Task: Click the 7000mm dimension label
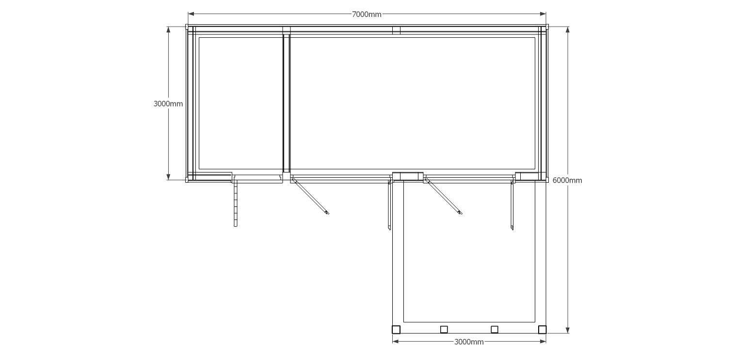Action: (367, 14)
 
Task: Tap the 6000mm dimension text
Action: (567, 180)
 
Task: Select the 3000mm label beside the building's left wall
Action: (168, 104)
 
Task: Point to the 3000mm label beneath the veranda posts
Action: (469, 342)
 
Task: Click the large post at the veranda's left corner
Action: (396, 329)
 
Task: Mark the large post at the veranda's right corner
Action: (543, 329)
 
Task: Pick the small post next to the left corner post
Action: (444, 329)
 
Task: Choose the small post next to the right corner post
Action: (495, 329)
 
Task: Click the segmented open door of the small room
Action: (235, 203)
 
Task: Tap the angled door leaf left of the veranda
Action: (310, 196)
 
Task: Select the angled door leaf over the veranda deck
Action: (444, 196)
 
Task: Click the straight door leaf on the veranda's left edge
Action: (390, 205)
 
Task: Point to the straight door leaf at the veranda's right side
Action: (512, 205)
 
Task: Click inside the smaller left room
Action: (241, 103)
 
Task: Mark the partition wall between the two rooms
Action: (287, 103)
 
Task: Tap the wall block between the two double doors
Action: (408, 176)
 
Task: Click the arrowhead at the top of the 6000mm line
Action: (567, 30)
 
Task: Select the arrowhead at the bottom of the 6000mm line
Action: (567, 330)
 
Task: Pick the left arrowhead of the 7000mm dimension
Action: (191, 14)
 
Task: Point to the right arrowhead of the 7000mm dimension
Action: (543, 14)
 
